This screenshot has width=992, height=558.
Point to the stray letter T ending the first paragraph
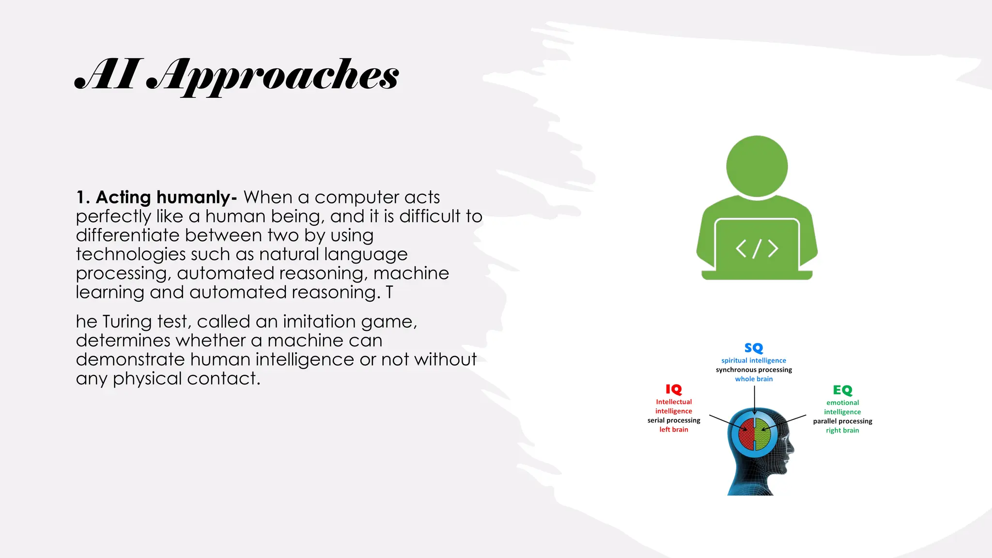click(389, 293)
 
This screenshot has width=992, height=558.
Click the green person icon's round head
click(757, 166)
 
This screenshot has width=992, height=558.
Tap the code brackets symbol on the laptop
click(757, 248)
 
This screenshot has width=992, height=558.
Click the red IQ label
click(673, 389)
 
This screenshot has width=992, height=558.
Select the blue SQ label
click(754, 348)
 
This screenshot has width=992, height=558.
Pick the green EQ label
click(842, 390)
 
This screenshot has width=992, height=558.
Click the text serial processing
click(674, 420)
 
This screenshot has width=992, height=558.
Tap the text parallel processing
click(842, 421)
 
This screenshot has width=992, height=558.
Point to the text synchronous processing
click(754, 370)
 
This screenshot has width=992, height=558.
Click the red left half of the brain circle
click(747, 434)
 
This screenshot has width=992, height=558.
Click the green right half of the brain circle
click(763, 434)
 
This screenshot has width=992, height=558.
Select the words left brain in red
click(673, 430)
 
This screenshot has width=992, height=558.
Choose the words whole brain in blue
click(754, 379)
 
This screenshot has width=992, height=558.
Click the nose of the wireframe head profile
click(792, 449)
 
